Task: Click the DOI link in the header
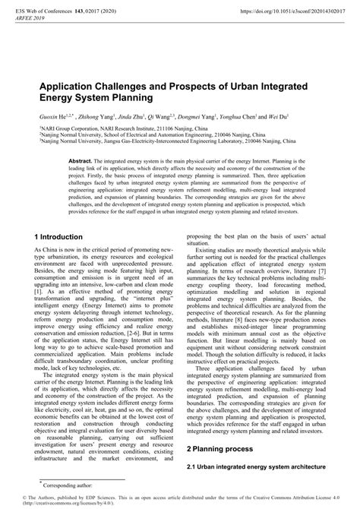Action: (286, 12)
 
